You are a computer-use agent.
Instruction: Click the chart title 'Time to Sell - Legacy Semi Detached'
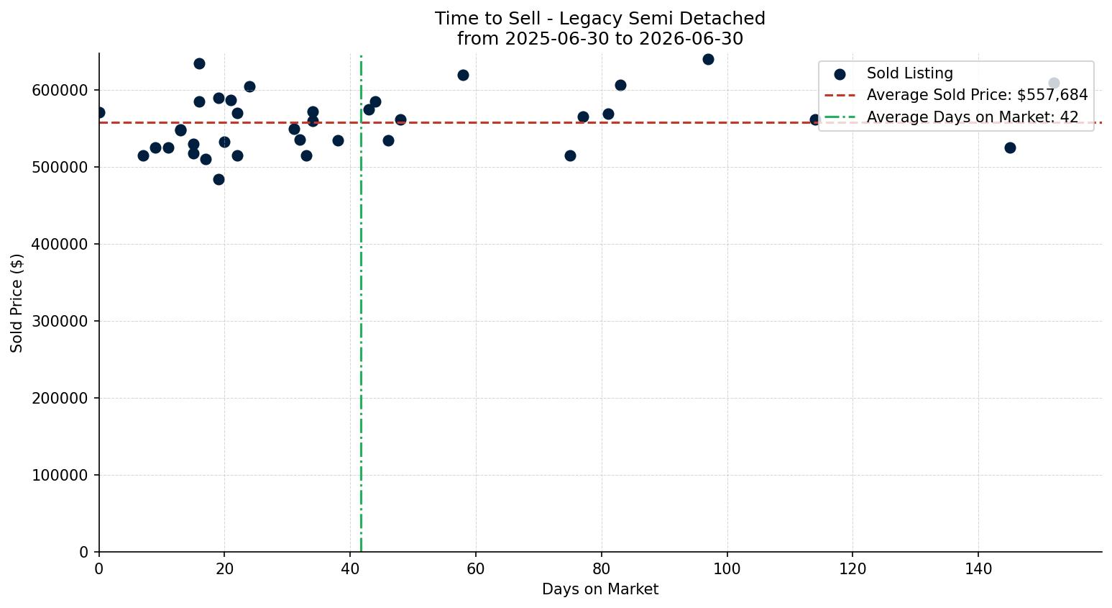pos(599,19)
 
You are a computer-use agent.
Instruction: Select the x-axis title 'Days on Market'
pos(599,589)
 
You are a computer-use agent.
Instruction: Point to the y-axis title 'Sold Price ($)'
pos(17,303)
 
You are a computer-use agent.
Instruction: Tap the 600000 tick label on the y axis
pos(60,91)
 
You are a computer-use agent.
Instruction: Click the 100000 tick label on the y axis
pos(60,476)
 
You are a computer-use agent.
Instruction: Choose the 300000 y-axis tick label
pos(60,322)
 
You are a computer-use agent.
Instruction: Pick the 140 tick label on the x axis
pos(978,568)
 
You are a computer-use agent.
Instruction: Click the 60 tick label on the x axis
pos(476,568)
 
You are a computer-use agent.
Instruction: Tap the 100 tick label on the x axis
pos(727,568)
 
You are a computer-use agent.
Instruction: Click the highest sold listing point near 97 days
pos(709,60)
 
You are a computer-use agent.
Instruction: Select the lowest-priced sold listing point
pos(219,180)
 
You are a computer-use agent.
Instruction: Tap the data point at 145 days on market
pos(1010,148)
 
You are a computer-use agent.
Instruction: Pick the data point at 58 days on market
pos(463,76)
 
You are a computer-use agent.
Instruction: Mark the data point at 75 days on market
pos(571,156)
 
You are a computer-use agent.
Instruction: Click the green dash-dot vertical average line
pos(361,303)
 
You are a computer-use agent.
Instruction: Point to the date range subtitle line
pos(599,39)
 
